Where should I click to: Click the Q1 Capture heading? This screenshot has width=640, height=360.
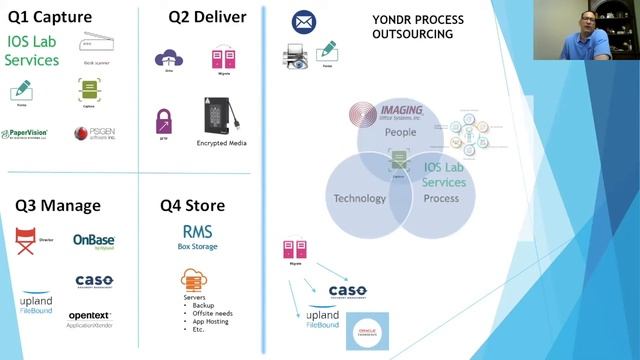point(50,17)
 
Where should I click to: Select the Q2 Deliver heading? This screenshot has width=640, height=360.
point(208,17)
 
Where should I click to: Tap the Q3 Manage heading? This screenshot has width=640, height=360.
point(57,206)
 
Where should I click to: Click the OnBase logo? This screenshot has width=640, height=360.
point(94,240)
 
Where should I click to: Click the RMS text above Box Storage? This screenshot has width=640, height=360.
point(197,232)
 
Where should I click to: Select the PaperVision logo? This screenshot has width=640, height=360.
point(24,133)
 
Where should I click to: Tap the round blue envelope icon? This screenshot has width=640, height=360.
point(303,21)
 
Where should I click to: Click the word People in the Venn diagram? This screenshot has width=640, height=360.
point(400,131)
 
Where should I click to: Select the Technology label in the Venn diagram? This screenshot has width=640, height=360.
point(359,198)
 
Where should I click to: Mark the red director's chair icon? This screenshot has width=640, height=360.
point(26,241)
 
